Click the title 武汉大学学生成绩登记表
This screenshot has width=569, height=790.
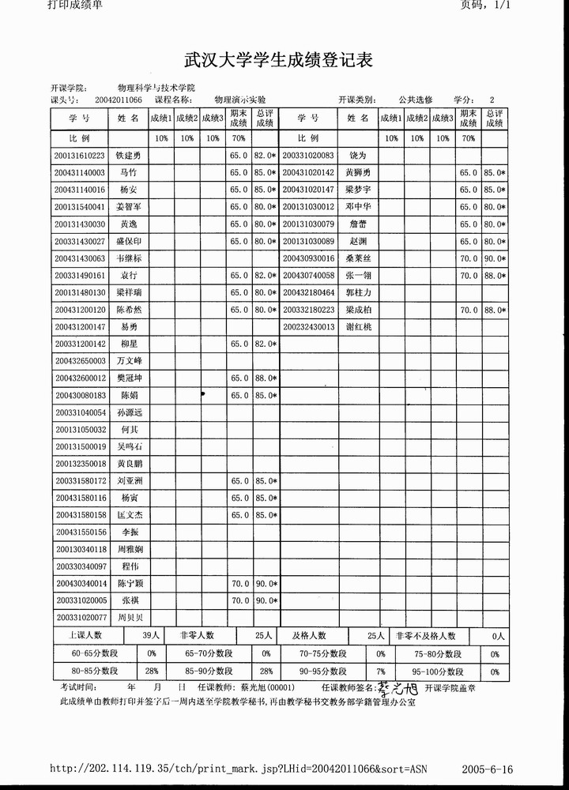pos(278,60)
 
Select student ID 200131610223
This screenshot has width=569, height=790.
pos(80,156)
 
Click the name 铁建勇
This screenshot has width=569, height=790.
pos(128,156)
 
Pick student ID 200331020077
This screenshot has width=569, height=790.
pos(80,618)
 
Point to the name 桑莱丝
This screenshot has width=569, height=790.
pos(358,258)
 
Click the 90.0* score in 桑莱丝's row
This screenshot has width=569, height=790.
pos(495,258)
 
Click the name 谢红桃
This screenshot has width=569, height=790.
pos(358,326)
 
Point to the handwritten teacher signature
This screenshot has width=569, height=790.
pos(396,689)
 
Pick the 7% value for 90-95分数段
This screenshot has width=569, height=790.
pos(380,671)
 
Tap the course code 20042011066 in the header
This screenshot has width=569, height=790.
pos(119,100)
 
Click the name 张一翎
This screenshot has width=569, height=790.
pos(358,276)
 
